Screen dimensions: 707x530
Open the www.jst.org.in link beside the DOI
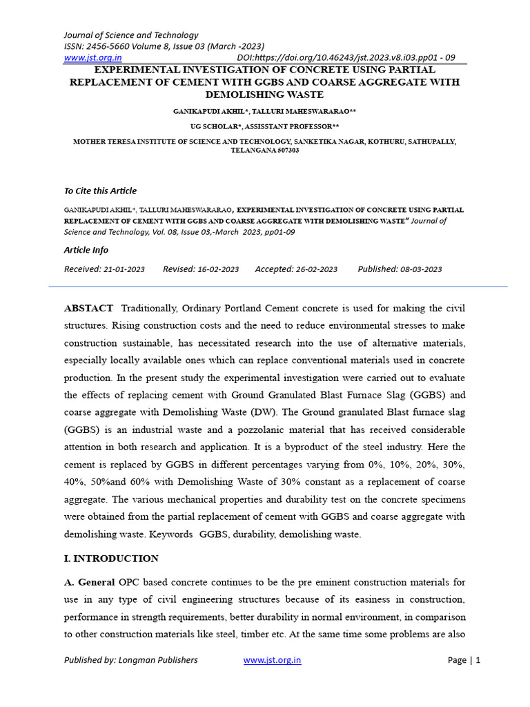pyautogui.click(x=92, y=58)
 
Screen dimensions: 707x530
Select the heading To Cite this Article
pyautogui.click(x=100, y=191)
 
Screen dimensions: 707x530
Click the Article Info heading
pyautogui.click(x=86, y=250)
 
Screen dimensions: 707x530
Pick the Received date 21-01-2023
pyautogui.click(x=124, y=269)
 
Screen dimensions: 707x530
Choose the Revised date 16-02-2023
pyautogui.click(x=219, y=269)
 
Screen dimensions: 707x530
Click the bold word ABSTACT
pyautogui.click(x=88, y=307)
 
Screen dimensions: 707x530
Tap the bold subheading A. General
pyautogui.click(x=90, y=582)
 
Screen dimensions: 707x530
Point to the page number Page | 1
pyautogui.click(x=464, y=660)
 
